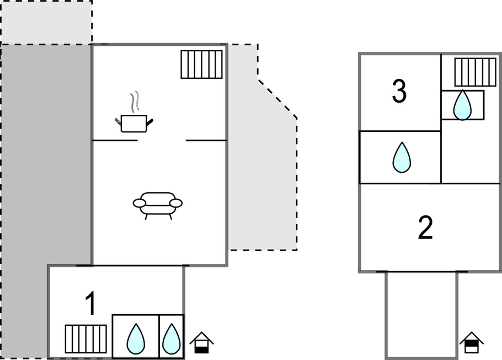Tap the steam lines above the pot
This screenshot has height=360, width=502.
[135, 101]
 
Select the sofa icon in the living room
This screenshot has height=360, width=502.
[158, 206]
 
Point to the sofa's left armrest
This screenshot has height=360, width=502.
[139, 203]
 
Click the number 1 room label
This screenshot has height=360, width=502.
[91, 304]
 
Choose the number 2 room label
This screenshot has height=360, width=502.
[425, 227]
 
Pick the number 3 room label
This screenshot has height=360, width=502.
[399, 91]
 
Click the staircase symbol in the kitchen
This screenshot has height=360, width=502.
[201, 64]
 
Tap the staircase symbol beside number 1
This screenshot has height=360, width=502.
[86, 339]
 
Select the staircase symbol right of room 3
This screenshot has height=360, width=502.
[475, 72]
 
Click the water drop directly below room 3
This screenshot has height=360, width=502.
[402, 157]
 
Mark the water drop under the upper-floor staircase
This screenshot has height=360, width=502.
[462, 105]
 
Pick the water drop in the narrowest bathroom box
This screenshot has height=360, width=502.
[172, 339]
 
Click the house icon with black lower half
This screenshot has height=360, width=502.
[201, 343]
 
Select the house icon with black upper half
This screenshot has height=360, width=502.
[472, 342]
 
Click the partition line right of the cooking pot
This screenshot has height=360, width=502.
[206, 140]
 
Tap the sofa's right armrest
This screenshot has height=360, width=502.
[176, 203]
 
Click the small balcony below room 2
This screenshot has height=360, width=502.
[421, 315]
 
